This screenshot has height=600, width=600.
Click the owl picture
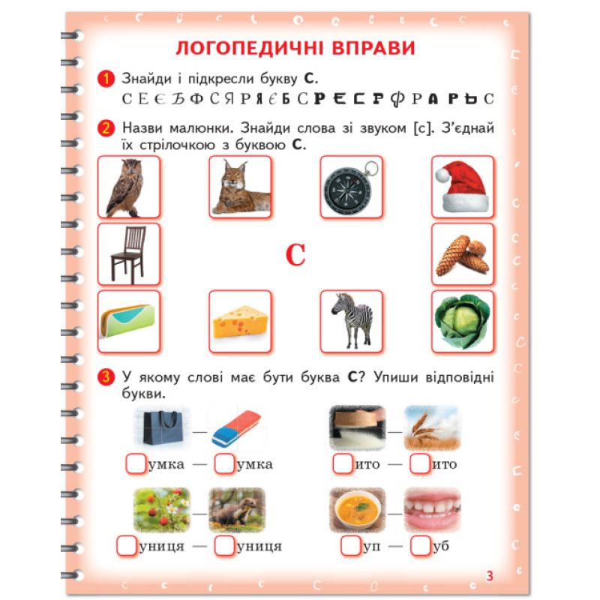[125, 187]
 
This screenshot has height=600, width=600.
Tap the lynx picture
[241, 187]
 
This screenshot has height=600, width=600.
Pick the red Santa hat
[462, 186]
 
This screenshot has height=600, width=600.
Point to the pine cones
[462, 255]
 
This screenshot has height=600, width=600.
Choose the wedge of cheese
[240, 322]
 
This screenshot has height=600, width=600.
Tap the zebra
[352, 321]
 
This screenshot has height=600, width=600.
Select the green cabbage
[462, 322]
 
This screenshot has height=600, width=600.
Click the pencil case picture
[128, 321]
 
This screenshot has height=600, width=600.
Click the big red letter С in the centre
[295, 255]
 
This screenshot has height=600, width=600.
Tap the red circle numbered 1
[106, 79]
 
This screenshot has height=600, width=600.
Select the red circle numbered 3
[106, 377]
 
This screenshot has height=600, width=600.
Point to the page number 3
[490, 576]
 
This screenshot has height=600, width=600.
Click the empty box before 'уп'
[350, 545]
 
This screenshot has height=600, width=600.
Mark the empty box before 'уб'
[420, 545]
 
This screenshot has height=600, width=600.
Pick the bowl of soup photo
[358, 510]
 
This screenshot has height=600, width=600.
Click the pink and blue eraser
[236, 428]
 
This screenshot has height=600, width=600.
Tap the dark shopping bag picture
[162, 427]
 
